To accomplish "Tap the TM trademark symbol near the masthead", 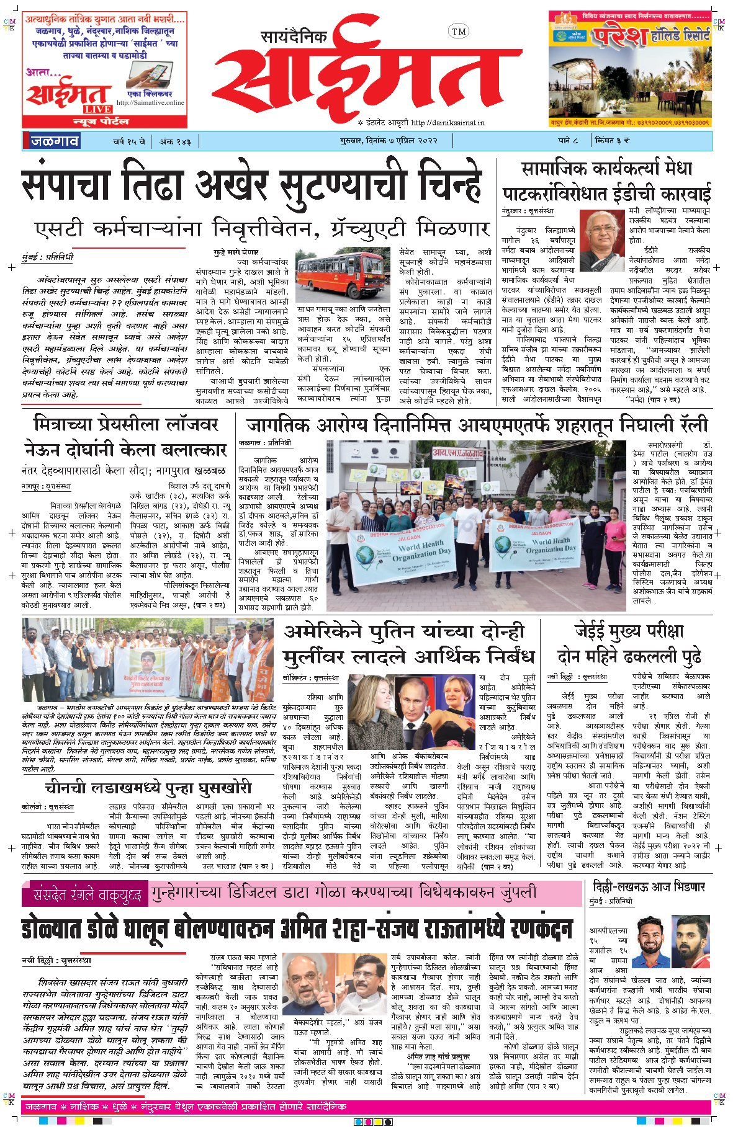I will click(x=458, y=31).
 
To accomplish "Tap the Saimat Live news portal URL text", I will click(x=150, y=103).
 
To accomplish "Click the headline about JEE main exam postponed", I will click(x=629, y=643).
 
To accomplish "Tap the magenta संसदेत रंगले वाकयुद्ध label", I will click(x=83, y=895).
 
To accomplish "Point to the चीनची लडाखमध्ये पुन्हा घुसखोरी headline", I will click(x=148, y=788).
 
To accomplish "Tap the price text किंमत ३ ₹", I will click(x=612, y=141).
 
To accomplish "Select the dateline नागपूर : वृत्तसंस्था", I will click(x=46, y=487).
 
